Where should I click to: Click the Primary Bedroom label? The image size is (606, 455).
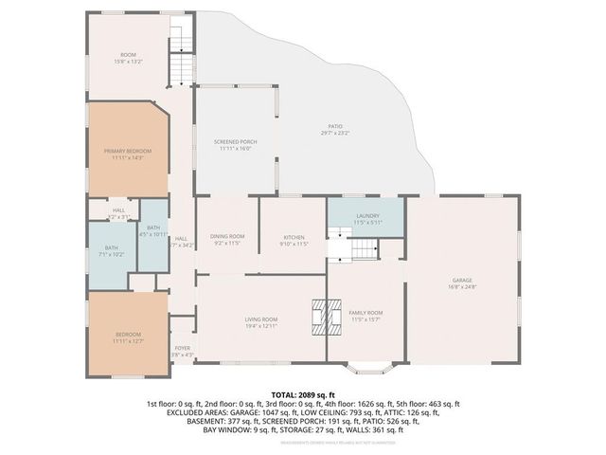pos(127,151)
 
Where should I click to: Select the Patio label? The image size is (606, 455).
pos(335,128)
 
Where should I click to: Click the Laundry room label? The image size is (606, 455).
pos(367,216)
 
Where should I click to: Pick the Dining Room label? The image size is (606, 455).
pos(227,236)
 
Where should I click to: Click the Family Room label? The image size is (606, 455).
pos(365,313)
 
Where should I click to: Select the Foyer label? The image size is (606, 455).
pos(183,348)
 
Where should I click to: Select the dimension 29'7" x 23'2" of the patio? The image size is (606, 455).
pos(335,135)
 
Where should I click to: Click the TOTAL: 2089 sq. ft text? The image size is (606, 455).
pos(303,393)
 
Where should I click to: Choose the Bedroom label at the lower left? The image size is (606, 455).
pos(128,335)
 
